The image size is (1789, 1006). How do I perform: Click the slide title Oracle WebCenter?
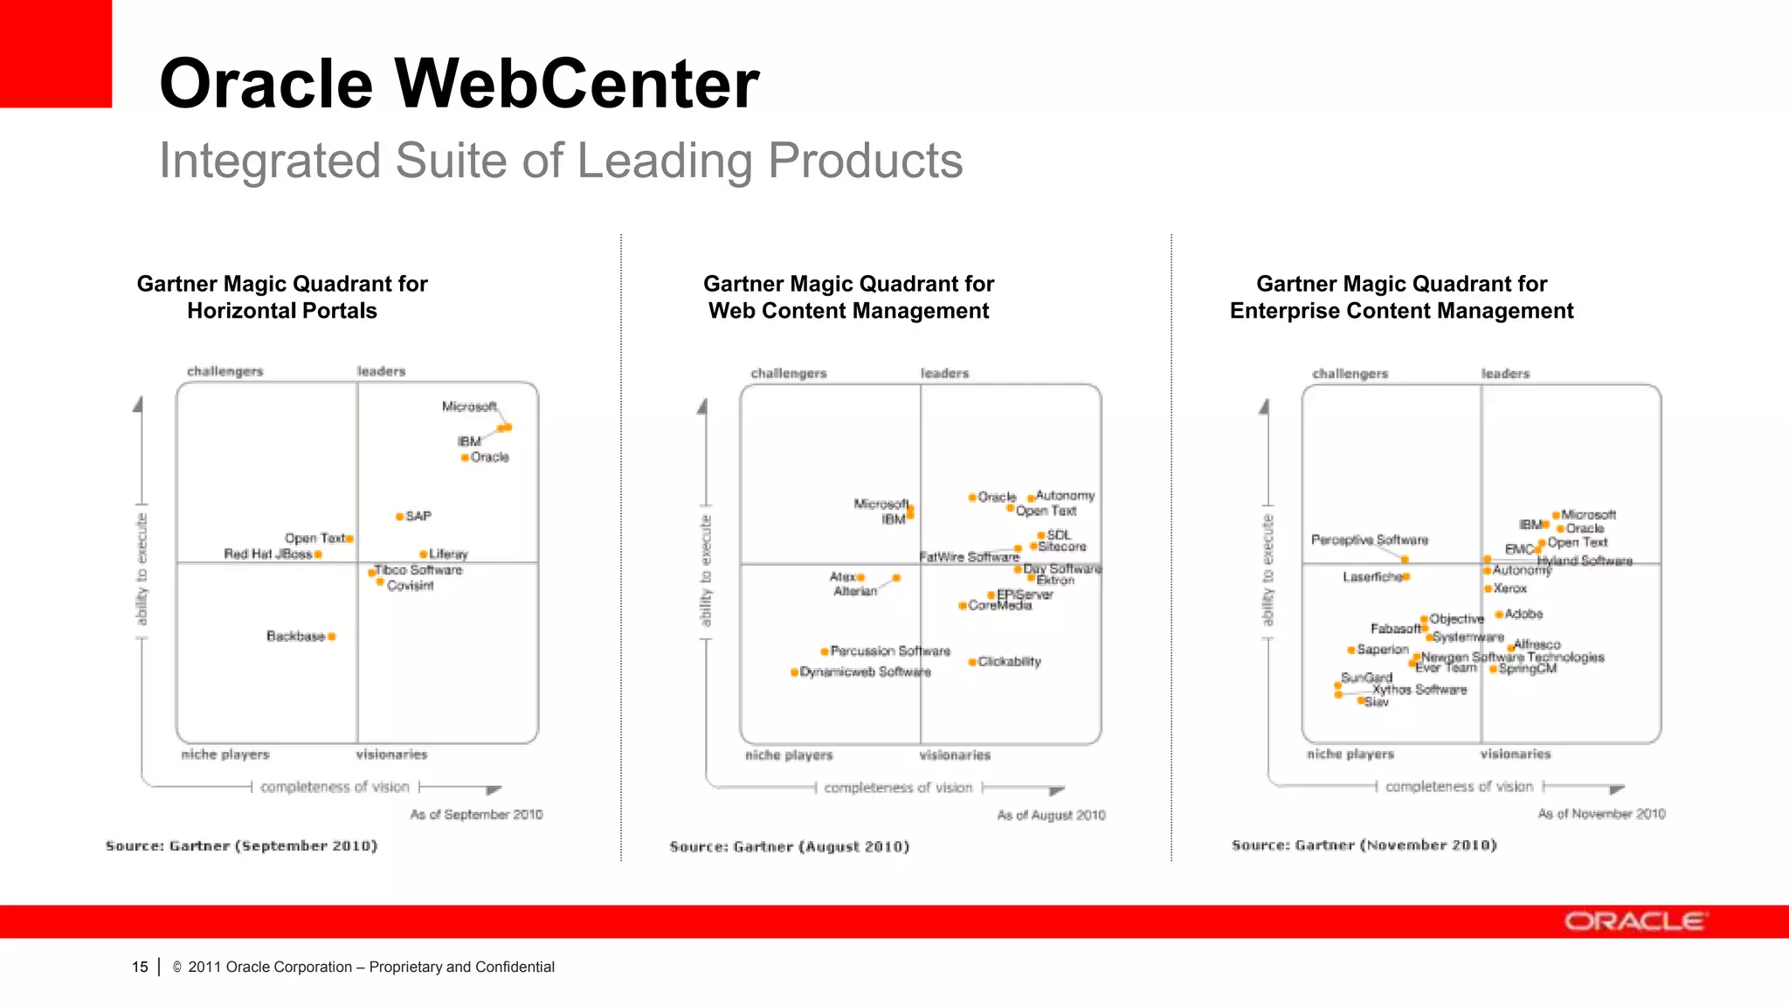(x=459, y=84)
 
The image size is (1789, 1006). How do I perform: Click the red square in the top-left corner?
(x=55, y=53)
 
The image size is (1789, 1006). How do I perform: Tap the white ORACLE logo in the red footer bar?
(x=1634, y=922)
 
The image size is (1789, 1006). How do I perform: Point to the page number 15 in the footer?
(x=140, y=967)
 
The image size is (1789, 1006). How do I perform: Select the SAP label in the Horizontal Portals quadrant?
(x=418, y=516)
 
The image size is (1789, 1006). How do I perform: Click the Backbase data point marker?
(x=332, y=637)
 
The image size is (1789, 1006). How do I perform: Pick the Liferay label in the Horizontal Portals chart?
(x=449, y=554)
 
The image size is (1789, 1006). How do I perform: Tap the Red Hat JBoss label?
(x=268, y=554)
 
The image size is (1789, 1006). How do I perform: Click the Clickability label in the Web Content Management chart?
(x=1010, y=661)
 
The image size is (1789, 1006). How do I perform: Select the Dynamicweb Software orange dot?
(x=794, y=672)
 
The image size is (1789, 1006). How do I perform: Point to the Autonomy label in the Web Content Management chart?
(x=1065, y=495)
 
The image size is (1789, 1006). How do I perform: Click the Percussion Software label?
(x=890, y=651)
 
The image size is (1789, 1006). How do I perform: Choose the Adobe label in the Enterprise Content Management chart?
(x=1524, y=614)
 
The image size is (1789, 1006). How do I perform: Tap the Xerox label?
(x=1510, y=589)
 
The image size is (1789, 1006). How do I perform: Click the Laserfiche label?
(x=1372, y=576)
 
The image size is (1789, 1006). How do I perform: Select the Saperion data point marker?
(x=1351, y=650)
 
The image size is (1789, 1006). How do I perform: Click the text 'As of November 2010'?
(x=1601, y=814)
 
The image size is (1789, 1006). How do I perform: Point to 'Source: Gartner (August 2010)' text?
(x=790, y=846)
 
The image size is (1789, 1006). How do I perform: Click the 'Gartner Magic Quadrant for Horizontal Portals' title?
(x=282, y=297)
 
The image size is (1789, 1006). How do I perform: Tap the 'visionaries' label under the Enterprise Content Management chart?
(x=1516, y=754)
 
